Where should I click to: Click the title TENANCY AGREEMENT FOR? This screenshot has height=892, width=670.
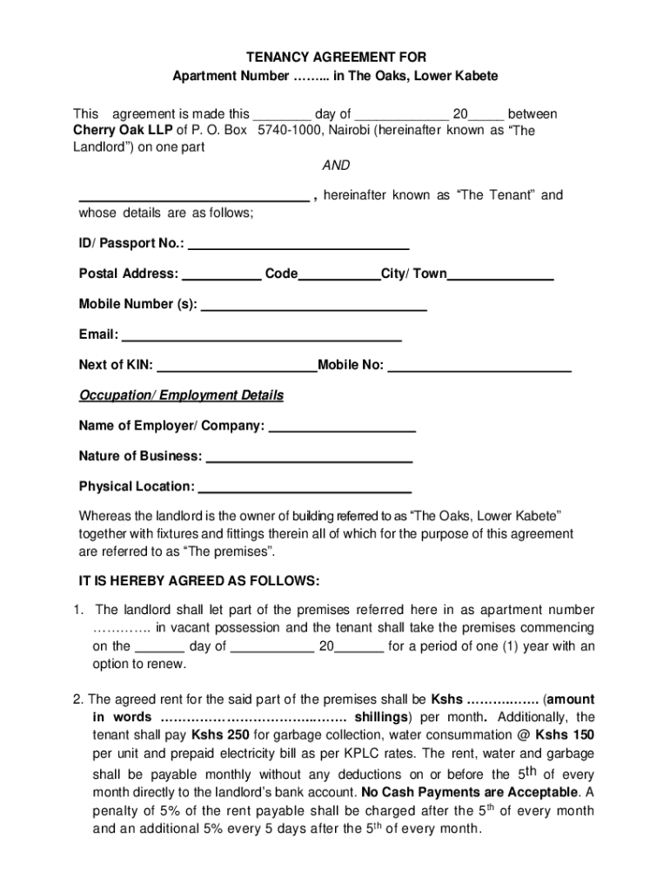coord(335,57)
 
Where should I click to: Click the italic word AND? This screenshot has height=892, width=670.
coord(336,166)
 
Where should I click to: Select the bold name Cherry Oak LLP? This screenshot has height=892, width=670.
coord(122,131)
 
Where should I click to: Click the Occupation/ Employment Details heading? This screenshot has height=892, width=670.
coord(181,395)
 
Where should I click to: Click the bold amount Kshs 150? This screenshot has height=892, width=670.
coord(565,734)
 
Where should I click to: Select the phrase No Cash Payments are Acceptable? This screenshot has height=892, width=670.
coord(470,792)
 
